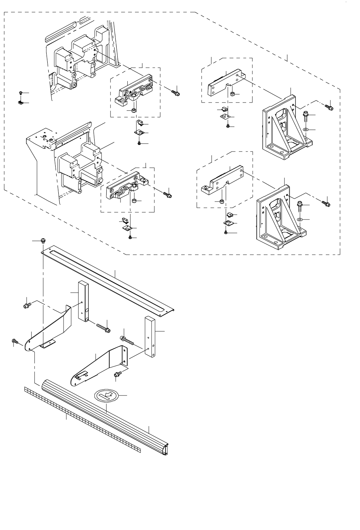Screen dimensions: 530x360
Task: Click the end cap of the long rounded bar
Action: click(167, 450)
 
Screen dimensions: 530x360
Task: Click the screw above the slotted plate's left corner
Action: click(43, 240)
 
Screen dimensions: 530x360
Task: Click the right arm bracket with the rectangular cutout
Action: click(98, 366)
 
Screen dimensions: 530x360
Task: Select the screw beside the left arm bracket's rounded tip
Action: click(15, 341)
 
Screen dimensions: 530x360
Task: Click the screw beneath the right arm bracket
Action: click(117, 374)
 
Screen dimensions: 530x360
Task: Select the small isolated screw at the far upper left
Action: click(21, 93)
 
